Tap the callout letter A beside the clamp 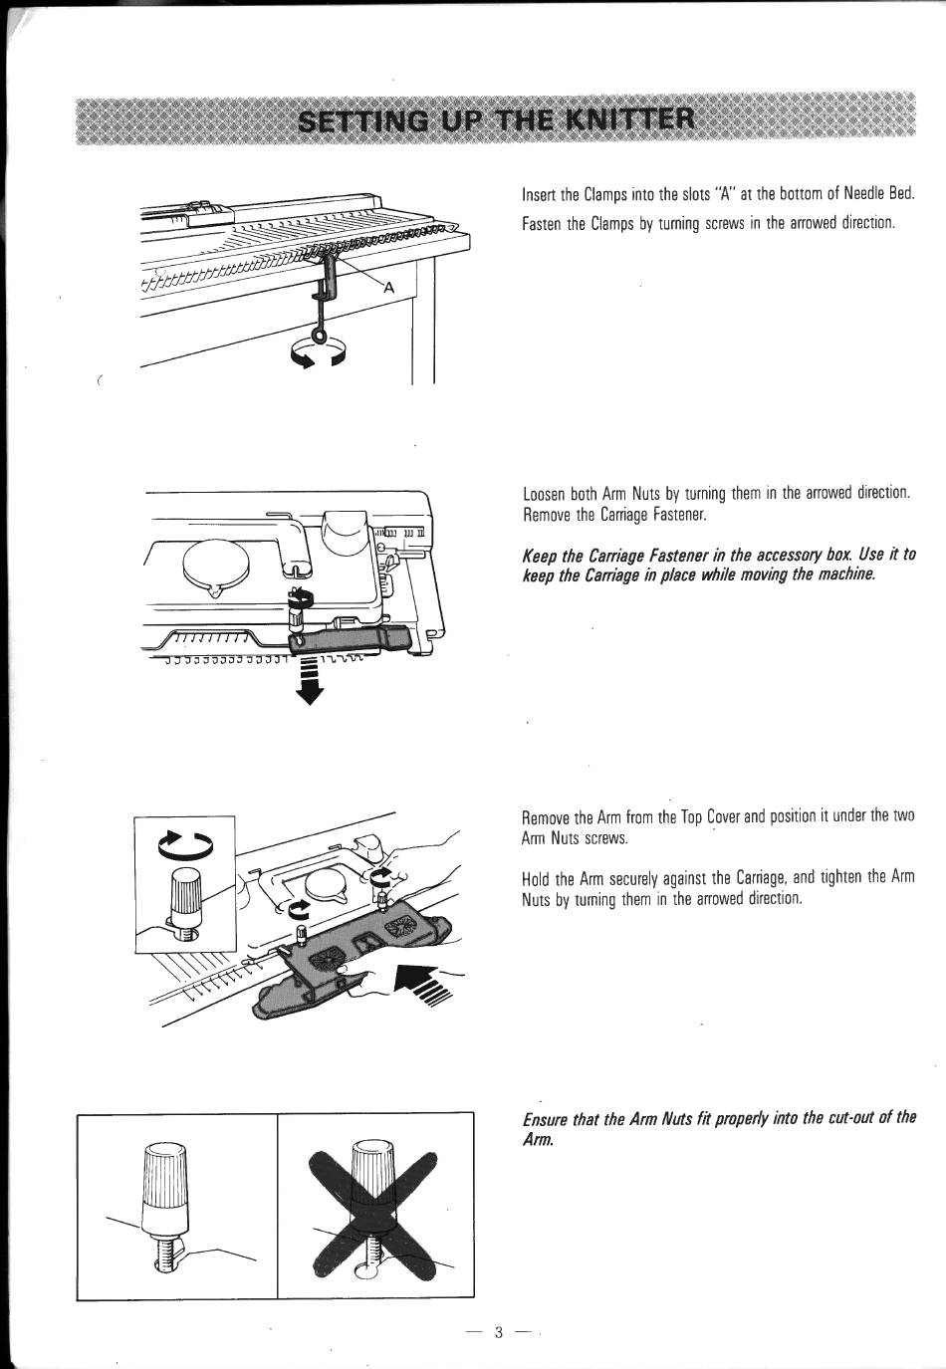[388, 288]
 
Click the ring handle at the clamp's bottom [319, 335]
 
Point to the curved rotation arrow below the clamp [317, 354]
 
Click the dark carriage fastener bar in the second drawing [349, 639]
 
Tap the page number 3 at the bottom [499, 1332]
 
